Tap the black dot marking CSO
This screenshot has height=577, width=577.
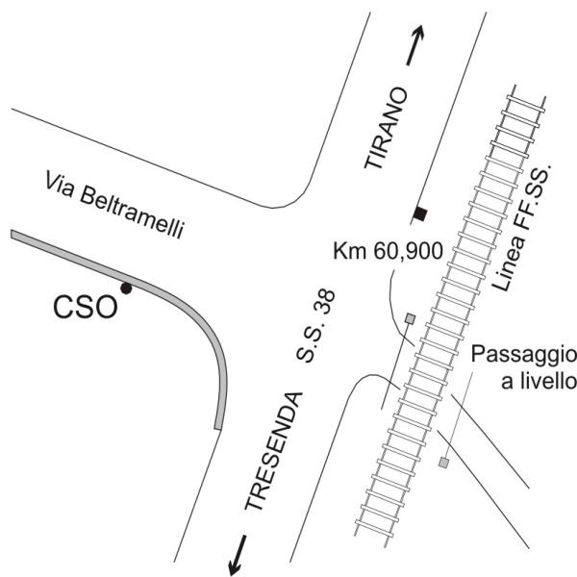124,288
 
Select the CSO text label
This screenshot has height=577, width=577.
86,308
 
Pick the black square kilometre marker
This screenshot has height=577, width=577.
420,212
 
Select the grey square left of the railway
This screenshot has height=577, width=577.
410,318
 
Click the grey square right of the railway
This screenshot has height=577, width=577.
443,464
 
